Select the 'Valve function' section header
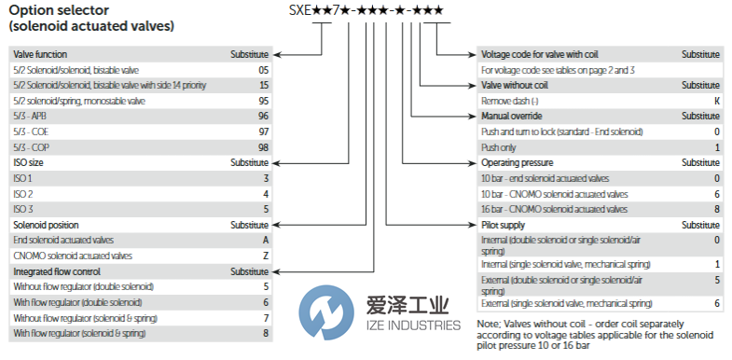[40, 54]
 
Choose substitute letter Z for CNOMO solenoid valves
[266, 256]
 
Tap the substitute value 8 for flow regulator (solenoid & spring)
[266, 333]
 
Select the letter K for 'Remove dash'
[716, 100]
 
